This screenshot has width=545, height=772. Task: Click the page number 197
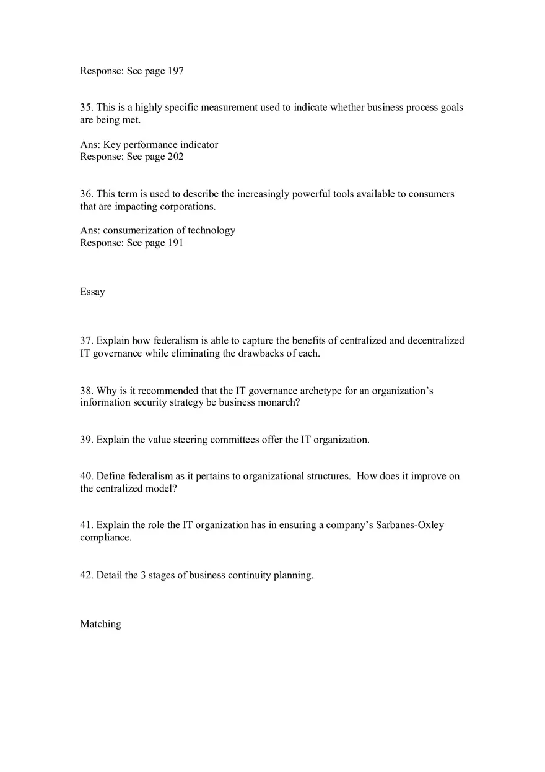(175, 71)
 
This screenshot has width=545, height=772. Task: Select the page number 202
(175, 157)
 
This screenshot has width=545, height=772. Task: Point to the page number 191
(175, 243)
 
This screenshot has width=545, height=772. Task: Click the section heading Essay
(92, 292)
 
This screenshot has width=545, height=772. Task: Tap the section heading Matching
(100, 624)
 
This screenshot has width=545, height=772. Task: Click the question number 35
(86, 108)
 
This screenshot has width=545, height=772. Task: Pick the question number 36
(86, 194)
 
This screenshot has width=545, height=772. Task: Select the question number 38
(86, 391)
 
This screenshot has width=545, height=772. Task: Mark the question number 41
(86, 525)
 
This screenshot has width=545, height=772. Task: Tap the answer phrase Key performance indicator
(160, 145)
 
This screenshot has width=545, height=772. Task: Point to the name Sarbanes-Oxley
(409, 525)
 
